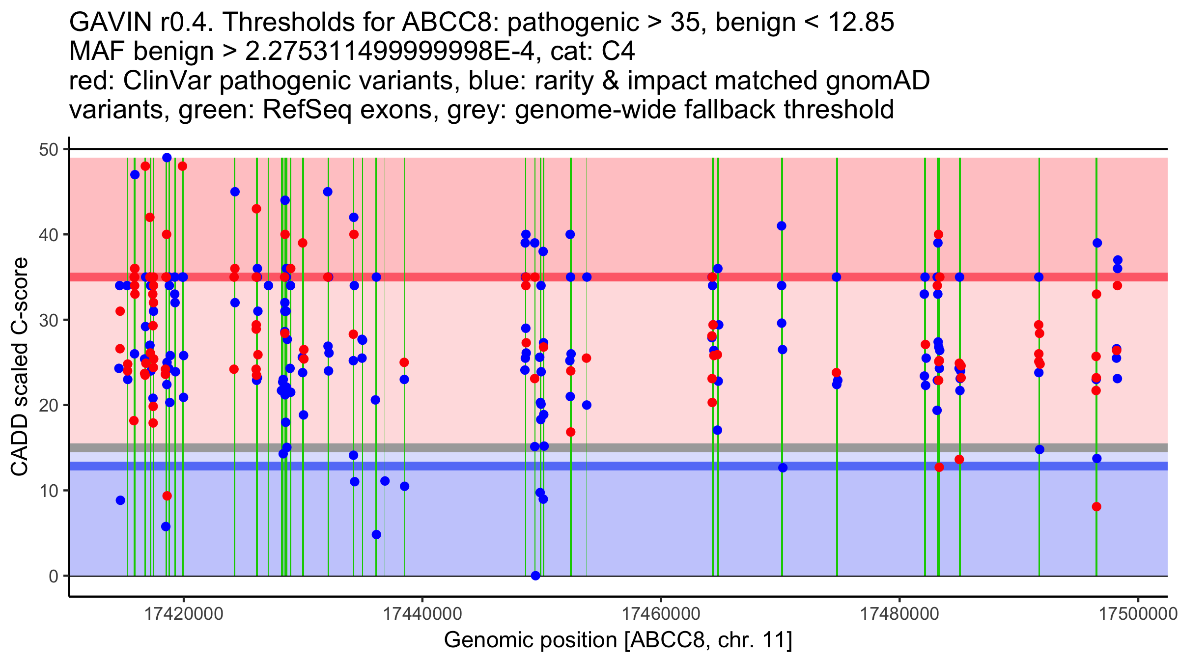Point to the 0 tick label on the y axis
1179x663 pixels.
coord(53,576)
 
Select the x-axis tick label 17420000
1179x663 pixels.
coord(184,614)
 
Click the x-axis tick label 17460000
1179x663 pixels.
coord(661,614)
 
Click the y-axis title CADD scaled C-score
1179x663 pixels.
coord(20,367)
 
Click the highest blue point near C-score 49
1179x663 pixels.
coord(167,158)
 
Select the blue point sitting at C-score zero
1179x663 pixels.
coord(535,576)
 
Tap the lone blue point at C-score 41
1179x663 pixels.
coord(782,226)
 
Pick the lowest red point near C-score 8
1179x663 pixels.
coord(1096,507)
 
